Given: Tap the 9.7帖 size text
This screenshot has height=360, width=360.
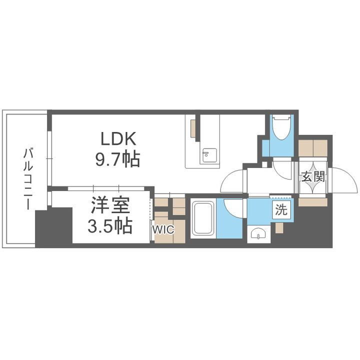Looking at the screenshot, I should coord(118,159).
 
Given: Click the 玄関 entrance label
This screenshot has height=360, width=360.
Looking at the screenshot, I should coord(313,176).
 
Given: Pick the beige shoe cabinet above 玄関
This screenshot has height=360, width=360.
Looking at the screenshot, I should coord(313,147).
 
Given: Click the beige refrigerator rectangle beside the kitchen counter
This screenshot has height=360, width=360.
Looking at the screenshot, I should coord(192,127).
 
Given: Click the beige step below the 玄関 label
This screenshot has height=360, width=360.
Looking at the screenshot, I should coord(313,202).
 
